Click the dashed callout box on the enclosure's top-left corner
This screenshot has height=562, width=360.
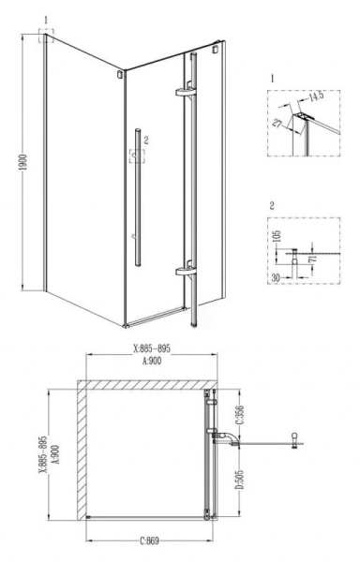click(x=46, y=36)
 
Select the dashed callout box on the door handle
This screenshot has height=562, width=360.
click(x=136, y=155)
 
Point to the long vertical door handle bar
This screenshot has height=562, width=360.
click(x=137, y=197)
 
